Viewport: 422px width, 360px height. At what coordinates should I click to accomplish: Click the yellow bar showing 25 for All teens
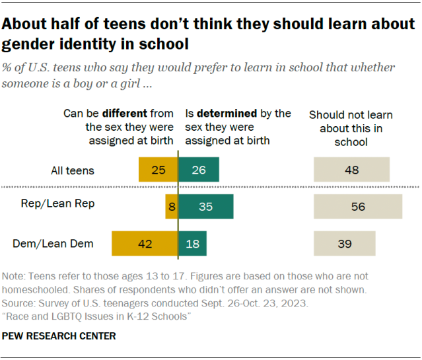click(158, 170)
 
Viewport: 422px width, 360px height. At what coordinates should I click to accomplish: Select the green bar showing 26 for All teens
click(199, 170)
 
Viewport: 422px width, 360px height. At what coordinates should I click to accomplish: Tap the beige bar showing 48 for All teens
click(351, 170)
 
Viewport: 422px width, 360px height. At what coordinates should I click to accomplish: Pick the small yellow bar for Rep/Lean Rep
click(172, 207)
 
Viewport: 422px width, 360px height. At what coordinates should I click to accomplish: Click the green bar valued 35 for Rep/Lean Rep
click(205, 207)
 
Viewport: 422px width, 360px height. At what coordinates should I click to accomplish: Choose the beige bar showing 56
click(358, 207)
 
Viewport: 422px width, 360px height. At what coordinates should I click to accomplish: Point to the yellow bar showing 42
click(145, 244)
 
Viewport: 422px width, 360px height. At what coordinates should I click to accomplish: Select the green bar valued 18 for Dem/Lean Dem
click(193, 244)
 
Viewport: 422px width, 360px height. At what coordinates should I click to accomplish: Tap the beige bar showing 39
click(345, 244)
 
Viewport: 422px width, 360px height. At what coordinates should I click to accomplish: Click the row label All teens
click(73, 170)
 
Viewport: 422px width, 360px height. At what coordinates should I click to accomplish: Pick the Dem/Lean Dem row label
click(53, 244)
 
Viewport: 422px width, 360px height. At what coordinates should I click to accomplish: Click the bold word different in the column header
click(127, 114)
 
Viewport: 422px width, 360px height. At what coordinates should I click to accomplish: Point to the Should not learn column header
click(345, 128)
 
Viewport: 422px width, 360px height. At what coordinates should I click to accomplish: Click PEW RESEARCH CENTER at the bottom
click(59, 336)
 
